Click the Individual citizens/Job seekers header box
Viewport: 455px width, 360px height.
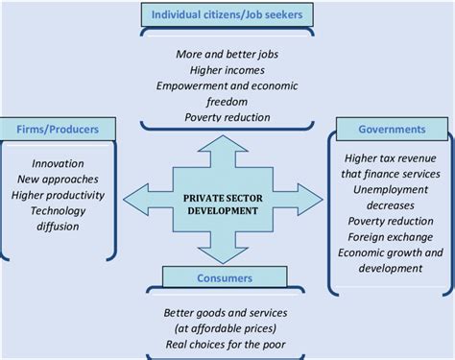(x=228, y=14)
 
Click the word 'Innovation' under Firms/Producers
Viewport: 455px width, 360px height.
(x=59, y=163)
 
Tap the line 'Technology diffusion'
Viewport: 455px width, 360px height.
(x=59, y=218)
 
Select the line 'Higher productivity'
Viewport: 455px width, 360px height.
(x=59, y=194)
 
